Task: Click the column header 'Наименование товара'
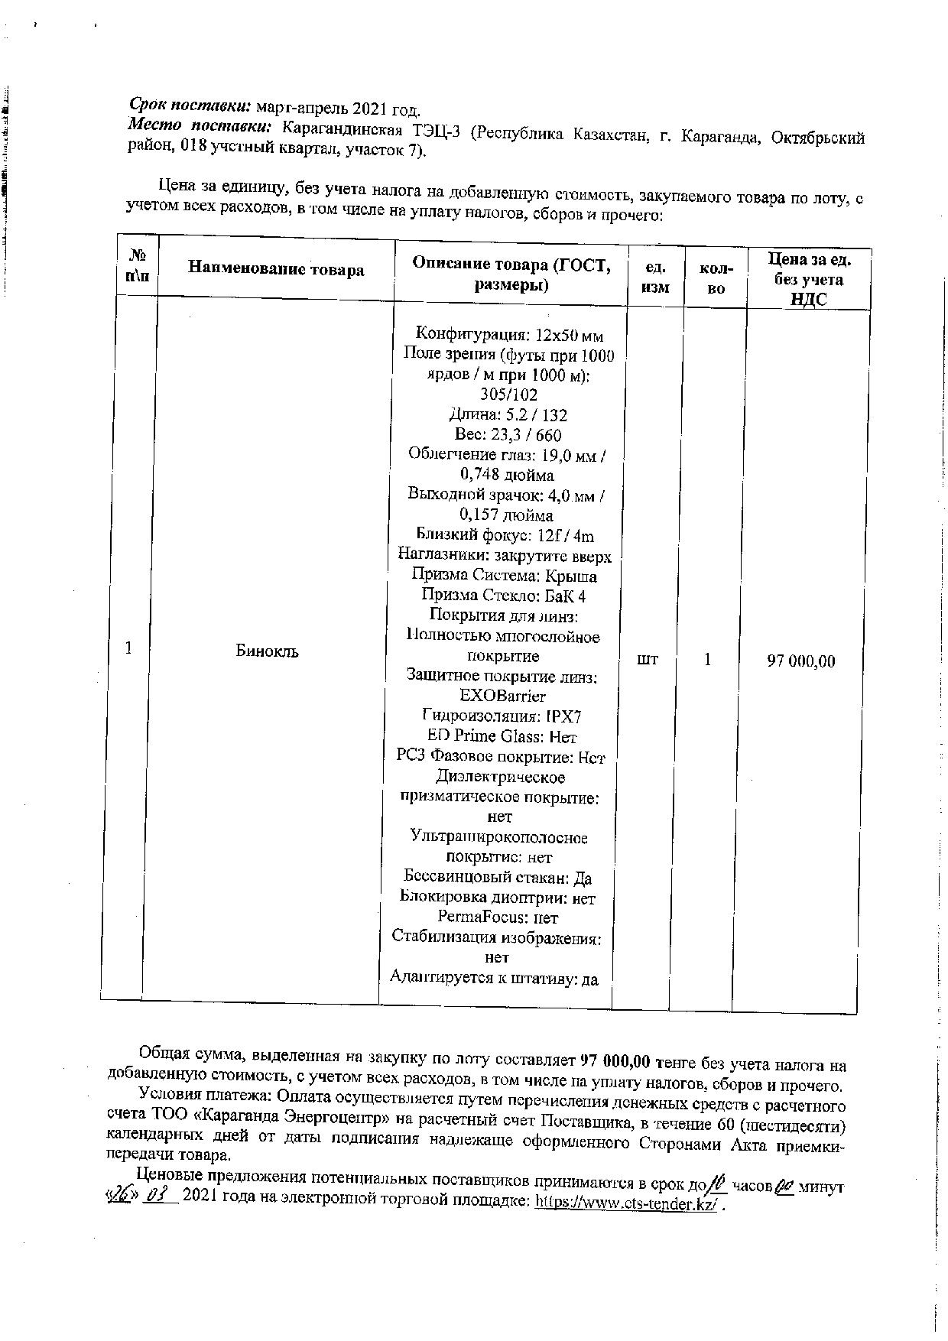coord(276,269)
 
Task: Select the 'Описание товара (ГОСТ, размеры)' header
coord(511,274)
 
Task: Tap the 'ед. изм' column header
coord(655,277)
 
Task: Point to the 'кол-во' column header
coord(716,278)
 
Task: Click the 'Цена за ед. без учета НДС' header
coord(809,279)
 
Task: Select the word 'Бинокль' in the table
coord(267,651)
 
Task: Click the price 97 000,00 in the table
coord(801,661)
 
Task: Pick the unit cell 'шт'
coord(648,658)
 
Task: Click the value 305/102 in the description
coord(508,395)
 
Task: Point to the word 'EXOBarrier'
coord(503,696)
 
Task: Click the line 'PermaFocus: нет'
coord(498,917)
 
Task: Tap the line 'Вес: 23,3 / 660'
coord(508,435)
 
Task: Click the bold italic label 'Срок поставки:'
coord(190,105)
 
